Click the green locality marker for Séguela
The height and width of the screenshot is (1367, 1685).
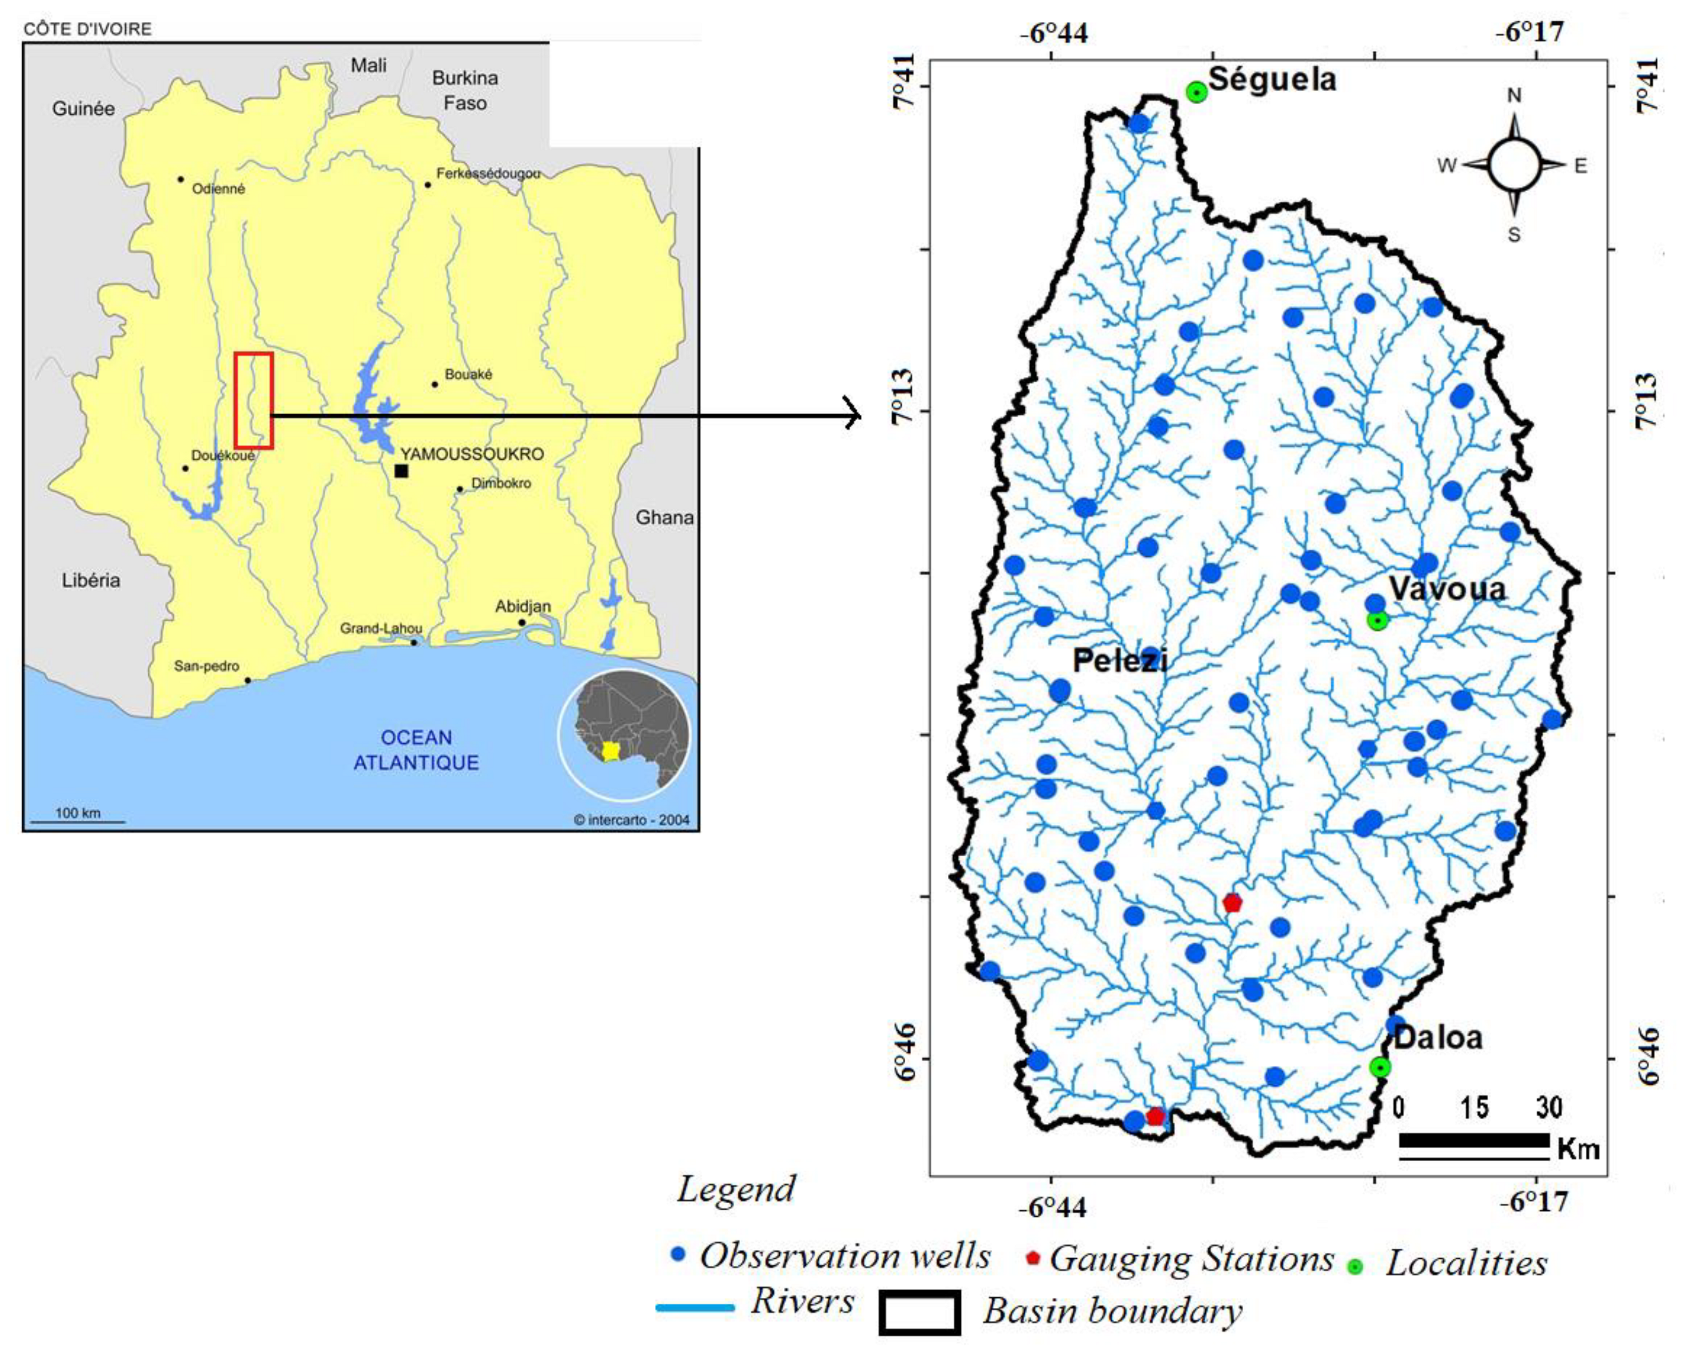1197,92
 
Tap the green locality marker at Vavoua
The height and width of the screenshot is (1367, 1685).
1377,621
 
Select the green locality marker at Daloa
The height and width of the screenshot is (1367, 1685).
1379,1067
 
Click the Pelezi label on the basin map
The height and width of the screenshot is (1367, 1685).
1119,660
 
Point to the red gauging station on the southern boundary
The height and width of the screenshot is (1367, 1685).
1155,1116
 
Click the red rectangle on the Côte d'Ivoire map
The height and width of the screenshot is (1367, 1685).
254,401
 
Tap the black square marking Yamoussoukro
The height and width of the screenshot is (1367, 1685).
401,471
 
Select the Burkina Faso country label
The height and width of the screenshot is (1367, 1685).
465,90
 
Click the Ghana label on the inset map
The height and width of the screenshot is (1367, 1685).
664,517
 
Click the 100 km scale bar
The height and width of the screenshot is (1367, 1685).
77,821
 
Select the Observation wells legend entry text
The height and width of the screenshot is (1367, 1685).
845,1256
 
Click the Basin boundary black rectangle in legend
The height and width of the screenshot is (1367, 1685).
919,1313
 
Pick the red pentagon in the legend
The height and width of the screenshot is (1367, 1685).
1034,1258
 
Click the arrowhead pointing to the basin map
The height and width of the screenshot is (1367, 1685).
853,414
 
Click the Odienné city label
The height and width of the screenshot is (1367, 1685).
218,189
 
